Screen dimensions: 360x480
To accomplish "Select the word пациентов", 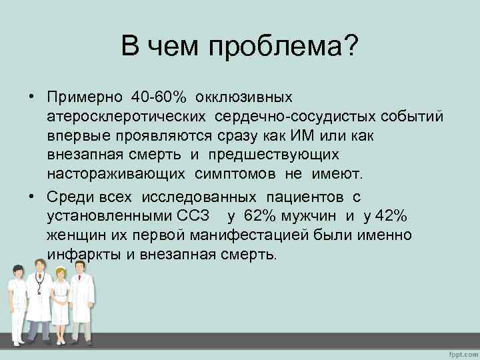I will (x=304, y=197).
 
